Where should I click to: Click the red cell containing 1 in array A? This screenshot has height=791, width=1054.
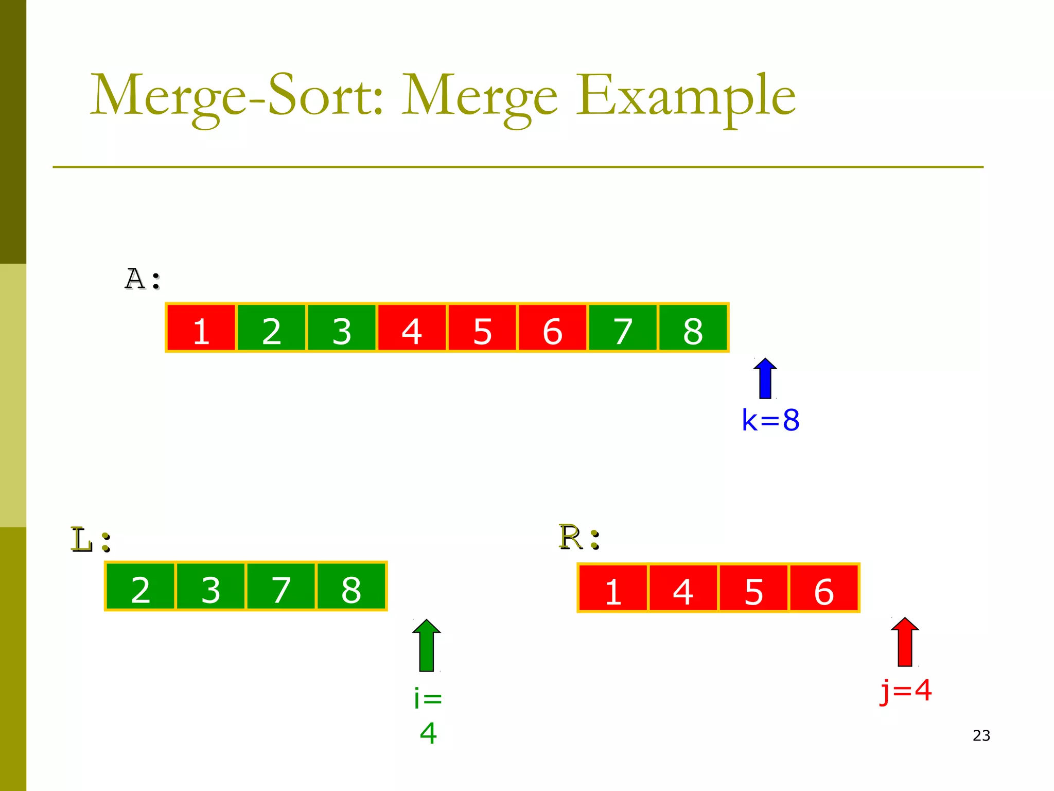[201, 328]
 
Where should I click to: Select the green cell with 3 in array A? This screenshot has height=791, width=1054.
[342, 328]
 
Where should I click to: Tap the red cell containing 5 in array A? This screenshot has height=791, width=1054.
[482, 328]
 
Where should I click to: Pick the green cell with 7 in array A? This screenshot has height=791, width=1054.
[623, 328]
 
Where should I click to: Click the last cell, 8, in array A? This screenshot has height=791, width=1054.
[693, 328]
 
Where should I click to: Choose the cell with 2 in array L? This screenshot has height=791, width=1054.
[140, 587]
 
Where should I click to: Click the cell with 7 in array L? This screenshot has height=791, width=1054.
[281, 587]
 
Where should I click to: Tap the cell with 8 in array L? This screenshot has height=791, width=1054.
[352, 587]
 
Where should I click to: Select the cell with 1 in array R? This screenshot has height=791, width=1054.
[613, 588]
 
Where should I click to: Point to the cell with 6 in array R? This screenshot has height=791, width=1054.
[824, 588]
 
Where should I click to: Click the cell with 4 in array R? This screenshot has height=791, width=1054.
[683, 588]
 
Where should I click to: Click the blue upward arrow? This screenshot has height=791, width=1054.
[765, 379]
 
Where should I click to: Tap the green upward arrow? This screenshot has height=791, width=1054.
[427, 645]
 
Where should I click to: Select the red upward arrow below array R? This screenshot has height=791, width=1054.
[905, 642]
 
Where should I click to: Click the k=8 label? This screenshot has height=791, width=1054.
[770, 420]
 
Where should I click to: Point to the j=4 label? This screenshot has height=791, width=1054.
[906, 691]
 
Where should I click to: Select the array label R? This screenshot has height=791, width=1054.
[579, 538]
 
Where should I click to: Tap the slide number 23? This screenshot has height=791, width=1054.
[981, 735]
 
